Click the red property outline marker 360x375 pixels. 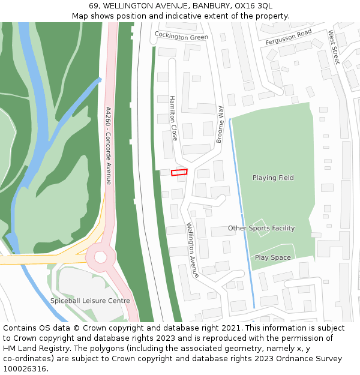pos(179,172)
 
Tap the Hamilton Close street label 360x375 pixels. pos(173,118)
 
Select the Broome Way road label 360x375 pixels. pos(220,124)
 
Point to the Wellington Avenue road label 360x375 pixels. pos(192,250)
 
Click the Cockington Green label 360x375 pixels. pos(181,36)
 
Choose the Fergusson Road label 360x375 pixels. pos(289,37)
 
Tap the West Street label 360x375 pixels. pos(333,49)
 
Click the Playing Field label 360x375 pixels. pos(273,178)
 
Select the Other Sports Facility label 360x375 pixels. pos(261,228)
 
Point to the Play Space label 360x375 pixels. pos(273,257)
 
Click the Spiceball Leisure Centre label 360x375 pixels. pos(90,301)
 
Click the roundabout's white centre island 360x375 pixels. pos(100,257)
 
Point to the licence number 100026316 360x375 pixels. pos(25,369)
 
